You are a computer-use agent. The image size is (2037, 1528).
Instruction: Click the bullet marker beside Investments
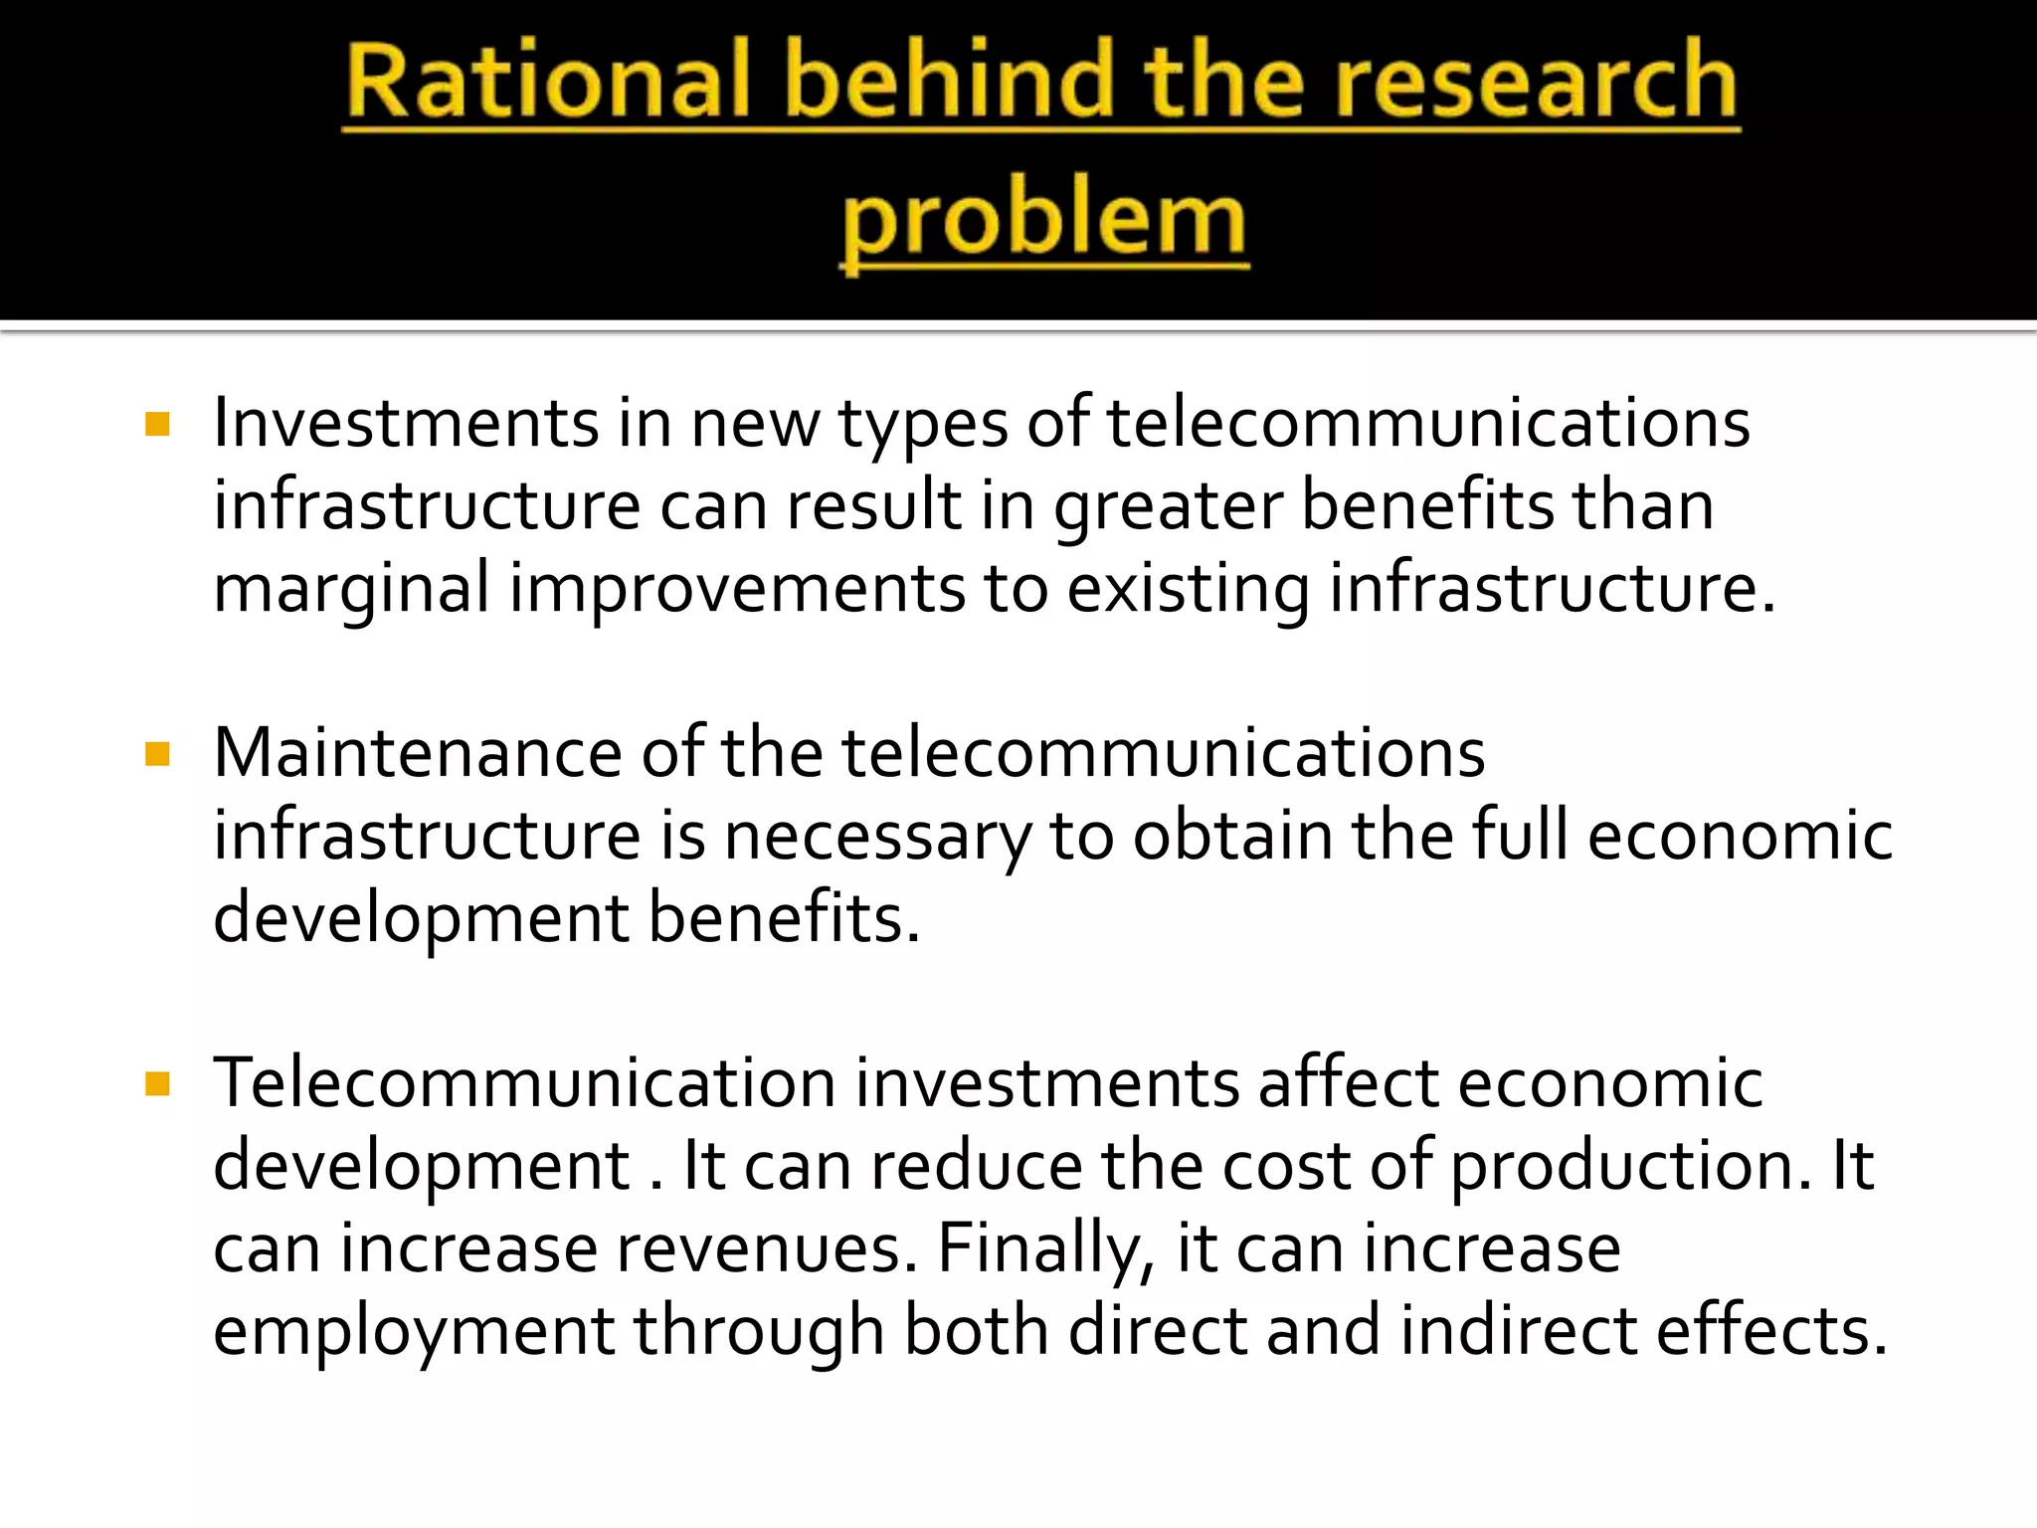coord(157,425)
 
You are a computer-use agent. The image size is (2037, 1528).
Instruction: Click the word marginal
coord(351,589)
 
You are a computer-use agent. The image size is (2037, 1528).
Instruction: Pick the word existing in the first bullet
coord(1189,589)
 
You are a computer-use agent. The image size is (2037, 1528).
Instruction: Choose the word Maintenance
coord(417,753)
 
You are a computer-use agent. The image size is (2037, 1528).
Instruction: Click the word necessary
coord(876,837)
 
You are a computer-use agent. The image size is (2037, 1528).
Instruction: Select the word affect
coord(1348,1083)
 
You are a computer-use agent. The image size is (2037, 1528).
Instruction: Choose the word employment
coord(414,1332)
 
